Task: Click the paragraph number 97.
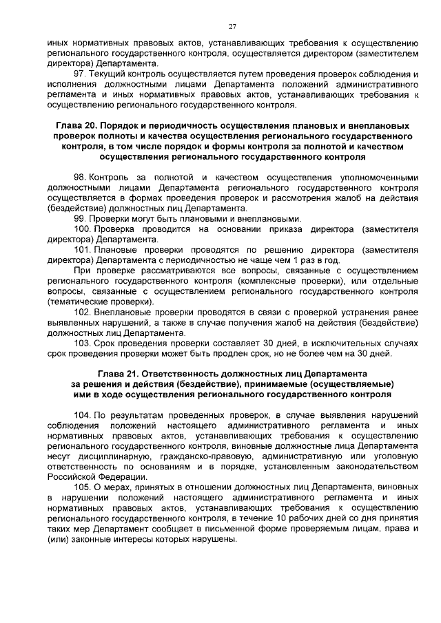tap(79, 73)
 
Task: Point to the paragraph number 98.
tap(79, 177)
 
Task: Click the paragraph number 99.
tap(79, 218)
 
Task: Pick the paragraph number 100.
tap(82, 229)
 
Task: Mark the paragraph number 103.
tap(82, 343)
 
